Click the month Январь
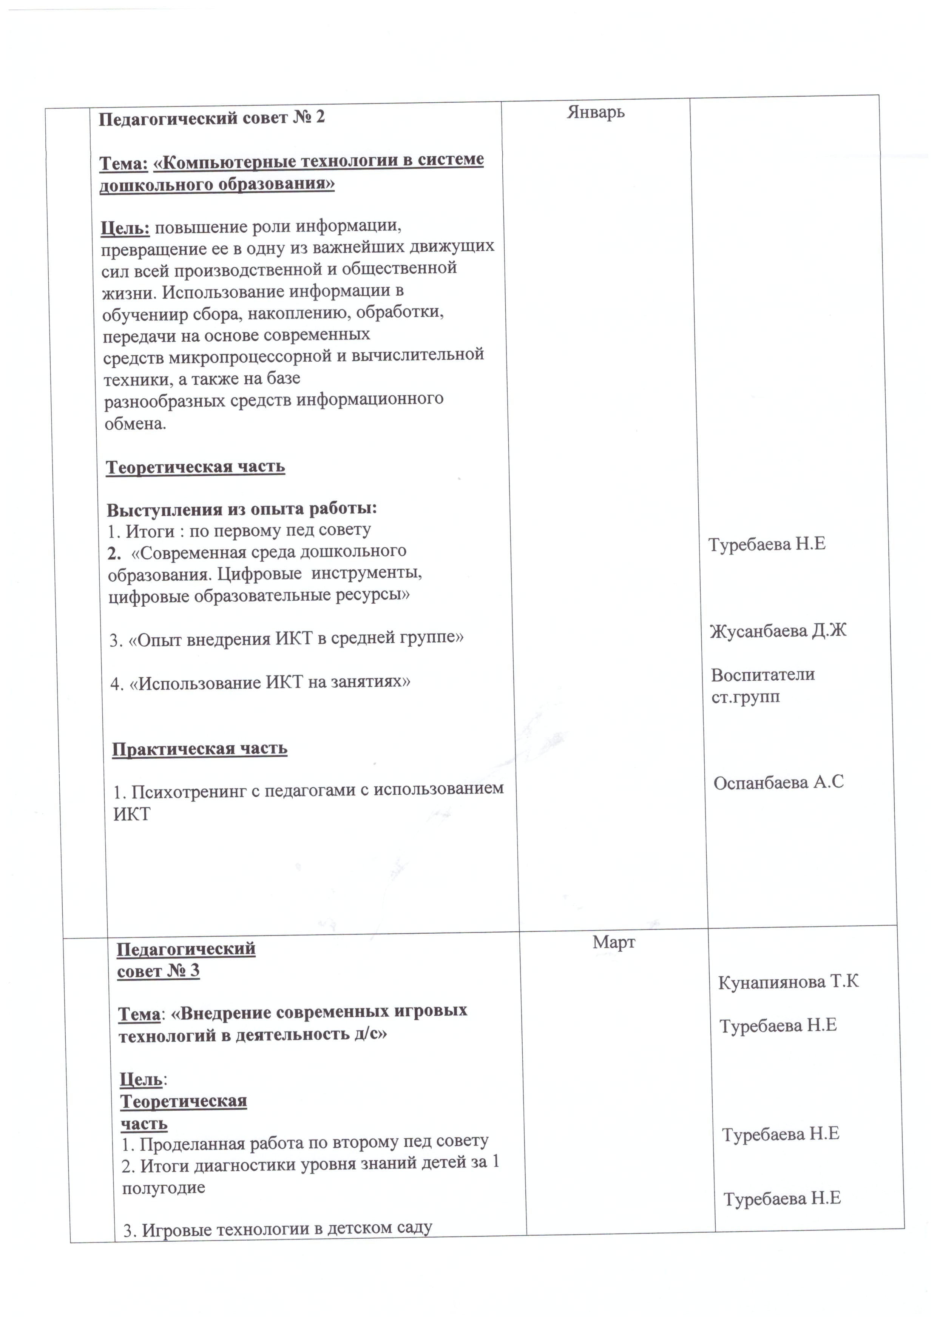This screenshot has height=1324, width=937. click(596, 111)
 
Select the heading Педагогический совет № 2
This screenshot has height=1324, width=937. click(212, 118)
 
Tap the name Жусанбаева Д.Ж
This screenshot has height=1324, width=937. click(778, 631)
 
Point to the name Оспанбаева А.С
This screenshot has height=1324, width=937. click(778, 783)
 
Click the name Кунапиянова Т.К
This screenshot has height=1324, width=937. click(788, 982)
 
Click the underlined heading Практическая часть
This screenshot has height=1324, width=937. click(200, 749)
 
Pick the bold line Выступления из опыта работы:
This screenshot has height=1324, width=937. click(242, 509)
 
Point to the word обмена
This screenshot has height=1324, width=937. click(135, 424)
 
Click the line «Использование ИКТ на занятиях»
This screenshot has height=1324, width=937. click(260, 683)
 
